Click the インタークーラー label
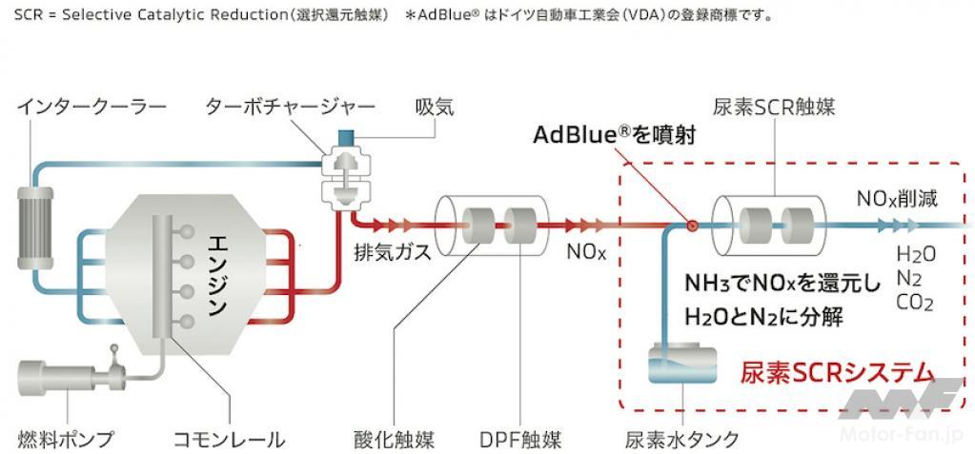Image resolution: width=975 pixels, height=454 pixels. (91, 109)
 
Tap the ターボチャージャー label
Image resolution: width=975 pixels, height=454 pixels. (291, 109)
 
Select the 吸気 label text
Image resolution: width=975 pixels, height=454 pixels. (435, 109)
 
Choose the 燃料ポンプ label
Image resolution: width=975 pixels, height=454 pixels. (65, 440)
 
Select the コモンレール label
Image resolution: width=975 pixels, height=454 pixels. (229, 440)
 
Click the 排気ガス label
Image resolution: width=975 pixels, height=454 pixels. (384, 252)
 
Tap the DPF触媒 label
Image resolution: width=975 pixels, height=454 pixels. (520, 440)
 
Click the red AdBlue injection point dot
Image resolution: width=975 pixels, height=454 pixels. (691, 226)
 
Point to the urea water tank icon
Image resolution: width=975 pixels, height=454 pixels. (682, 365)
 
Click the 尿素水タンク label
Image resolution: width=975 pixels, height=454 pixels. (682, 440)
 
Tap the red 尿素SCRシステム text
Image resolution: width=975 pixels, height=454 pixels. (838, 373)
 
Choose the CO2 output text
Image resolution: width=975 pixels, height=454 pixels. (915, 303)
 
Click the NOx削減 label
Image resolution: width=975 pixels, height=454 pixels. (897, 199)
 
